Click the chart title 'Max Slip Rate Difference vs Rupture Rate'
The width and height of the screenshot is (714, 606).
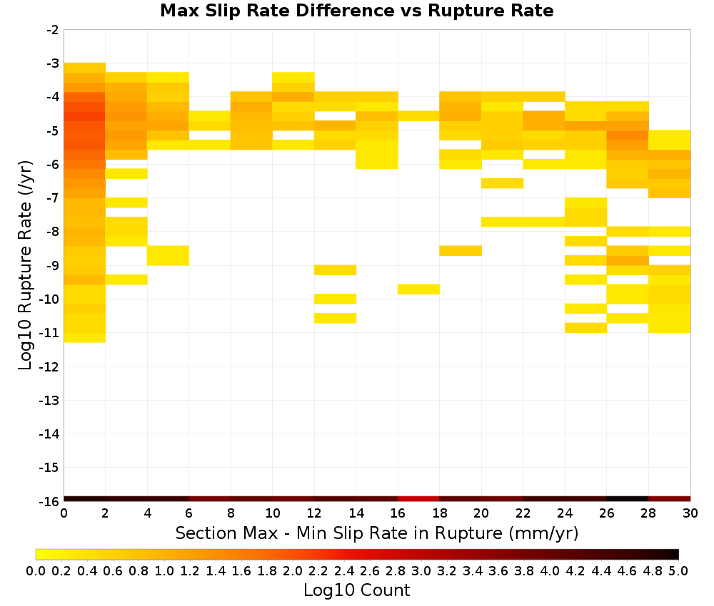(x=356, y=11)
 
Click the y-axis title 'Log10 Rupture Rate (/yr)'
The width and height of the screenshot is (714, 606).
(x=25, y=265)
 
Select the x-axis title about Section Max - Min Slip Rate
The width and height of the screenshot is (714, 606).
(x=376, y=533)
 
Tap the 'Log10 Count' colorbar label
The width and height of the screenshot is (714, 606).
(x=356, y=590)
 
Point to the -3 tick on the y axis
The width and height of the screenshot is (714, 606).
(x=53, y=63)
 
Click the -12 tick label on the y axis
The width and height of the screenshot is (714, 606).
(x=50, y=366)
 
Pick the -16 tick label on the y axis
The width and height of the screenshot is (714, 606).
(x=50, y=501)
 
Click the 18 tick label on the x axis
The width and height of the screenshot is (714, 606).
(x=439, y=513)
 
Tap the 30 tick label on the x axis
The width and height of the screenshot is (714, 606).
(x=690, y=513)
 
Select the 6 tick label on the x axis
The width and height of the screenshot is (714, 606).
(x=189, y=513)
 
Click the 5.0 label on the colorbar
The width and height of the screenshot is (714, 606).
(x=678, y=570)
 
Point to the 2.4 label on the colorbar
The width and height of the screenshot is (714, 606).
(x=344, y=570)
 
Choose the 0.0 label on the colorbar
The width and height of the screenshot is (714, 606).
(x=36, y=570)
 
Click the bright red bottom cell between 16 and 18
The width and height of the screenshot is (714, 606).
(x=418, y=499)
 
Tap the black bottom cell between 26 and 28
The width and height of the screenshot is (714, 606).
(x=628, y=499)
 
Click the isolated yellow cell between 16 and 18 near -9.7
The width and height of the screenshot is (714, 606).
(x=418, y=289)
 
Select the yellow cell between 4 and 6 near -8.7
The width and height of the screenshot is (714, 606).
(x=168, y=255)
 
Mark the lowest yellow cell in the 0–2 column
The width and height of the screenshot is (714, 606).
(x=85, y=338)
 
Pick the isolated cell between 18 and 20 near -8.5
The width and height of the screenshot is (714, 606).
(x=461, y=250)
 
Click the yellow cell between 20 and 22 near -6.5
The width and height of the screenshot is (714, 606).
(x=502, y=183)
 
